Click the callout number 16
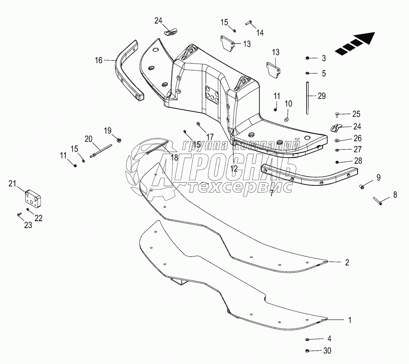(99, 60)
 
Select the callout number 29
(321, 96)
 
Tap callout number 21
(13, 184)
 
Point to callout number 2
(347, 263)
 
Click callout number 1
(350, 320)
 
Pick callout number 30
(327, 351)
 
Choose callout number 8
(395, 195)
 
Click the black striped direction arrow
(354, 43)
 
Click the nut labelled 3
(307, 58)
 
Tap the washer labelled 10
(286, 119)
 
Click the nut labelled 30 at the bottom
(307, 351)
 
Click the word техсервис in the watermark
(239, 187)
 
